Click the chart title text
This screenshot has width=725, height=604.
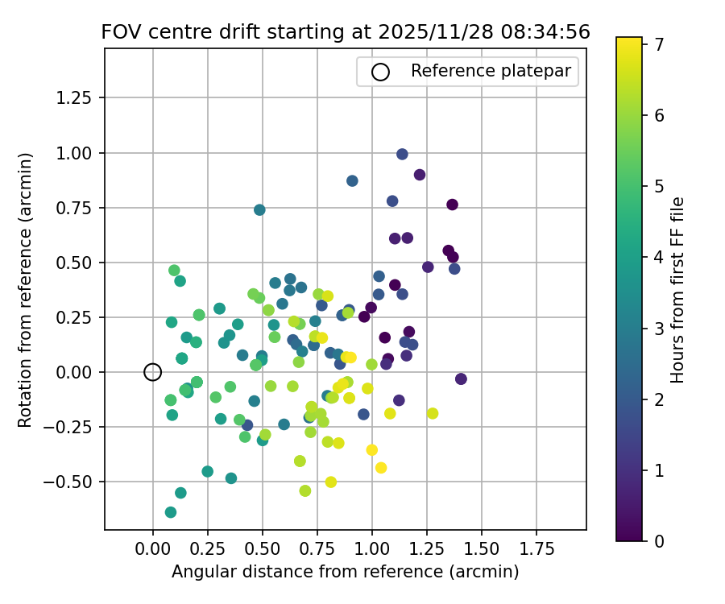[345, 32]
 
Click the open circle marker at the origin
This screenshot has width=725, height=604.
[153, 372]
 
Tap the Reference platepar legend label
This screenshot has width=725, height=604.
[491, 71]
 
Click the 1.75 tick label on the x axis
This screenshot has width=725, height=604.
[536, 549]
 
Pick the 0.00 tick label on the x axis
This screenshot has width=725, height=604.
[153, 549]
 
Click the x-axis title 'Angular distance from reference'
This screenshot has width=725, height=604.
[345, 572]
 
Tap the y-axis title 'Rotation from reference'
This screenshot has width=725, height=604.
[26, 290]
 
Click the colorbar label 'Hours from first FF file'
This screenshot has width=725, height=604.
[678, 290]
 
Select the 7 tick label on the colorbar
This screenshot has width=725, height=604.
[658, 44]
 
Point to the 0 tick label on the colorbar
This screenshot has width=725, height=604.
[658, 540]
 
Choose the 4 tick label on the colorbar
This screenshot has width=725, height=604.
[658, 257]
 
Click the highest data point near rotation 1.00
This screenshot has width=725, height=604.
[402, 155]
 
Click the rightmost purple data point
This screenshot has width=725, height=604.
[461, 379]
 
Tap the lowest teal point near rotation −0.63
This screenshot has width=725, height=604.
[171, 512]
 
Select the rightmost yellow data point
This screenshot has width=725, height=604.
[433, 413]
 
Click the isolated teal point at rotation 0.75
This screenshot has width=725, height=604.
[259, 210]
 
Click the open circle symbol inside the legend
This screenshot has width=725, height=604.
[380, 72]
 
